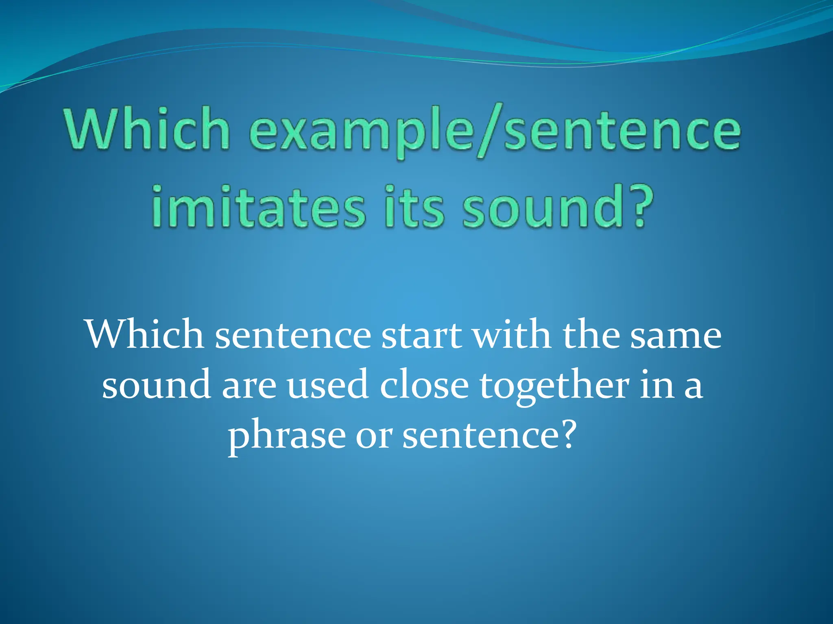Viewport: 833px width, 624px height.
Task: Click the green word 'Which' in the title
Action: (x=146, y=129)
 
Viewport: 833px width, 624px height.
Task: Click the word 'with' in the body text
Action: (x=512, y=335)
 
